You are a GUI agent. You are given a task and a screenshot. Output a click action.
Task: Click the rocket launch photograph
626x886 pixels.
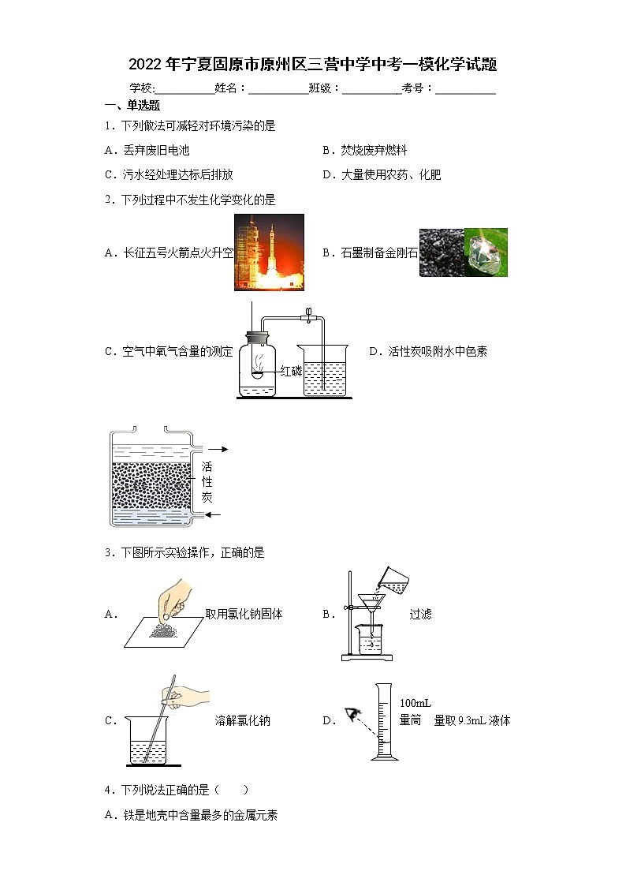point(269,252)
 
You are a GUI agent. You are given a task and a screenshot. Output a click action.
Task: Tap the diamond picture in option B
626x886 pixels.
point(486,252)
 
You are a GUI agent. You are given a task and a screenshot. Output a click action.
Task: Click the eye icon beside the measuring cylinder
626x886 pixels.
point(352,716)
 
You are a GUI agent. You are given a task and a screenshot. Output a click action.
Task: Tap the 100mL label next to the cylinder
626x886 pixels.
point(415,703)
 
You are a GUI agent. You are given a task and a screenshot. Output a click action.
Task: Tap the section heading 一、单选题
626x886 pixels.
point(132,106)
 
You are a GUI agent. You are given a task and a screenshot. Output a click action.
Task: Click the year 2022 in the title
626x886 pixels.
point(144,65)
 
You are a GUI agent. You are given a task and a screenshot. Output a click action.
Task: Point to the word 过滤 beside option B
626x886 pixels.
point(420,614)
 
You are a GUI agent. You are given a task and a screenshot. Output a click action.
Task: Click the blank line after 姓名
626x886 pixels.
point(278,90)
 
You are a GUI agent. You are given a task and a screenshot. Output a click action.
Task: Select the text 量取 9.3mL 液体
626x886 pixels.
point(472,720)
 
